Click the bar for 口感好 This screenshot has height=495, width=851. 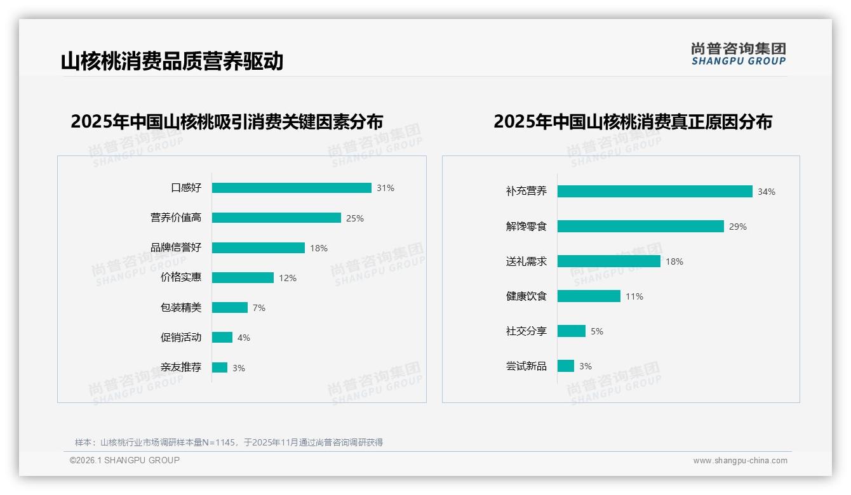pyautogui.click(x=291, y=188)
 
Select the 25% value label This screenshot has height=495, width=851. pyautogui.click(x=354, y=218)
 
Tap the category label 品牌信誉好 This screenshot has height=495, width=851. pyautogui.click(x=176, y=247)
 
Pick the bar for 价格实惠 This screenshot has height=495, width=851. pyautogui.click(x=243, y=278)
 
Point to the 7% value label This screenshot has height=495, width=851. pyautogui.click(x=258, y=308)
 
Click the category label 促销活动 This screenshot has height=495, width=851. pyautogui.click(x=181, y=338)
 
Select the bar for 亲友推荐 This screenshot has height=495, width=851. pyautogui.click(x=220, y=367)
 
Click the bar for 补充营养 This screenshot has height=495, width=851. pyautogui.click(x=655, y=192)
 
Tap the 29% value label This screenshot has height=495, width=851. pyautogui.click(x=738, y=227)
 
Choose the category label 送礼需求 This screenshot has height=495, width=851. pyautogui.click(x=526, y=261)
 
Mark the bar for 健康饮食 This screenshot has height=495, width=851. pyautogui.click(x=589, y=296)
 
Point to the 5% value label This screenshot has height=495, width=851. pyautogui.click(x=596, y=331)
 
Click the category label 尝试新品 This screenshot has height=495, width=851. pyautogui.click(x=526, y=366)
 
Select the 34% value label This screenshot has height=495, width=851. pyautogui.click(x=766, y=192)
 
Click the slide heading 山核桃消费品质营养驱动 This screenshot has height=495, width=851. pyautogui.click(x=172, y=62)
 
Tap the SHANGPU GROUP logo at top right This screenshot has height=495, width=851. pyautogui.click(x=739, y=54)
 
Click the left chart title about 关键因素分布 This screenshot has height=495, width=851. pyautogui.click(x=227, y=122)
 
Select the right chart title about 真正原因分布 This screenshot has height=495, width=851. pyautogui.click(x=633, y=122)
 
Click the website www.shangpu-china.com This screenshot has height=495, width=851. pyautogui.click(x=740, y=461)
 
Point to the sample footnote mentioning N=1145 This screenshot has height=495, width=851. pyautogui.click(x=229, y=442)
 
